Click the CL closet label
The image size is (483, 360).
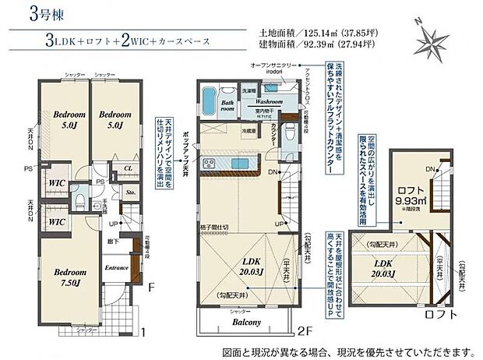(128, 167)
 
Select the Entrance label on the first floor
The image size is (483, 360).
(117, 267)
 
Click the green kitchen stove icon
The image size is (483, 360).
(209, 162)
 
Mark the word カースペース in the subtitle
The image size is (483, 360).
(178, 41)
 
